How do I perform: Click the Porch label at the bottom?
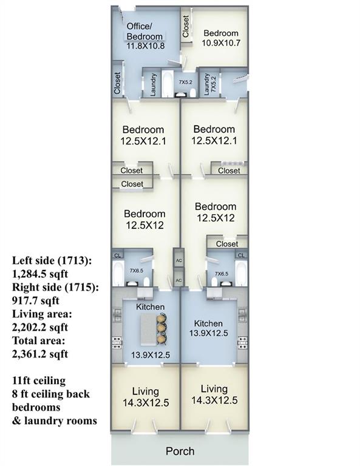tap(180, 451)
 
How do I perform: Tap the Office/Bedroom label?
tap(144, 31)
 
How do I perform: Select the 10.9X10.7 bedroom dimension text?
tap(221, 43)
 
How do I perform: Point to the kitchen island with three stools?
tap(148, 330)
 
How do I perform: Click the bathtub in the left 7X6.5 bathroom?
tap(117, 274)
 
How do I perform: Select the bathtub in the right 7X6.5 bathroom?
tap(241, 274)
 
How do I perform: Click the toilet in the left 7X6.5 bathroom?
tap(146, 281)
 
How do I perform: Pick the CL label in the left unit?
tap(118, 255)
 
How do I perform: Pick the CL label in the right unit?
tap(241, 255)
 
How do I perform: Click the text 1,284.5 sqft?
tap(40, 274)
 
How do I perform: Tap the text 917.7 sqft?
tap(36, 300)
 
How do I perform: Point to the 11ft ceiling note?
tap(39, 380)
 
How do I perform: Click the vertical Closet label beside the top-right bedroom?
tap(186, 27)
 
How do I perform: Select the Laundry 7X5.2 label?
tap(209, 84)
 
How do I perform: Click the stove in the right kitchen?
tap(242, 343)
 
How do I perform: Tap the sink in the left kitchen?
tap(117, 315)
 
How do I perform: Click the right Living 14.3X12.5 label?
tap(214, 394)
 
